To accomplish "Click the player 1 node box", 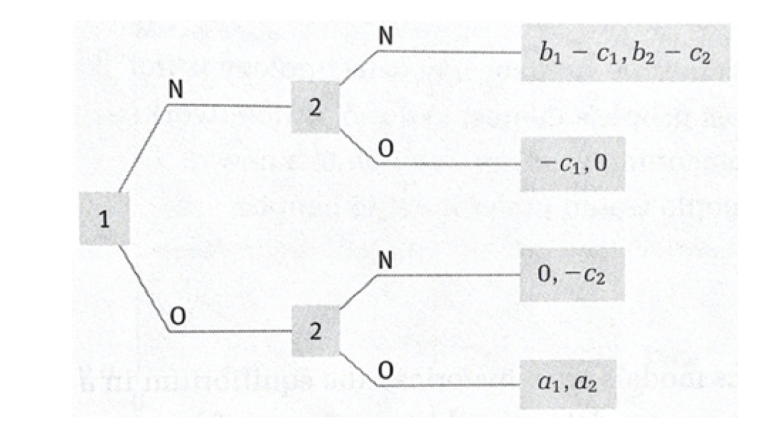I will coord(104,219).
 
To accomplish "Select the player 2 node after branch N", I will coord(314,108).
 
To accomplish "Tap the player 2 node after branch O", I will coord(315,332).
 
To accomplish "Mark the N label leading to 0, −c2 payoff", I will coord(385,261).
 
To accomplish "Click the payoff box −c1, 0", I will coord(572,164).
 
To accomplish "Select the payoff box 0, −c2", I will coord(572,275).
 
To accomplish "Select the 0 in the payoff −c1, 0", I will coord(600,163).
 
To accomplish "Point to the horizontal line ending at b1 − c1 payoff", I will coord(447,52).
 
